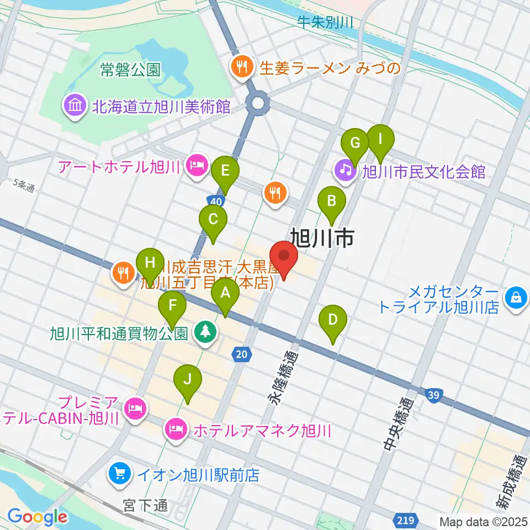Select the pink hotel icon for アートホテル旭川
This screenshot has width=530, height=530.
pos(195,166)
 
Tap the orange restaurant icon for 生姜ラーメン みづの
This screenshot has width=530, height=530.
pos(241,68)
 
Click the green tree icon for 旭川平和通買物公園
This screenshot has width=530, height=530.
pos(205,333)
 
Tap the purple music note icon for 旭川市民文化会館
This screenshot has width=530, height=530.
pos(346,171)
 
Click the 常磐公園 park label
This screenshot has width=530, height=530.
pos(131,70)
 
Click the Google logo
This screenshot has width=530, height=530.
pos(37,517)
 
